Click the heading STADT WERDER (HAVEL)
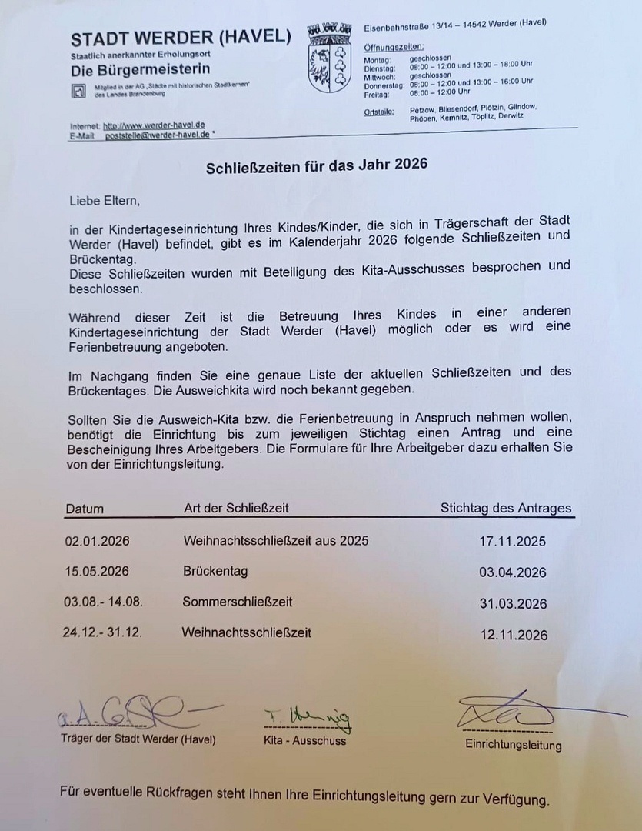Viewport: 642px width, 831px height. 181,38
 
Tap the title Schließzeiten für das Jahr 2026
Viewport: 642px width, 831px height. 316,165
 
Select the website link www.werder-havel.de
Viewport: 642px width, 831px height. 154,125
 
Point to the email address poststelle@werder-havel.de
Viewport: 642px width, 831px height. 158,134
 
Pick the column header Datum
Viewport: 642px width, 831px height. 85,509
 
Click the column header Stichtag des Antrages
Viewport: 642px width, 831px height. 506,508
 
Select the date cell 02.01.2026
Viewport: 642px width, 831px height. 98,541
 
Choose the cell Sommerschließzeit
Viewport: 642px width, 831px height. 238,601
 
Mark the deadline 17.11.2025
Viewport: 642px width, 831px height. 512,542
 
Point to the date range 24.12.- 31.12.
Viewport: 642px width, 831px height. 102,632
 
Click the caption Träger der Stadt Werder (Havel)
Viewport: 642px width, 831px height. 138,739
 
